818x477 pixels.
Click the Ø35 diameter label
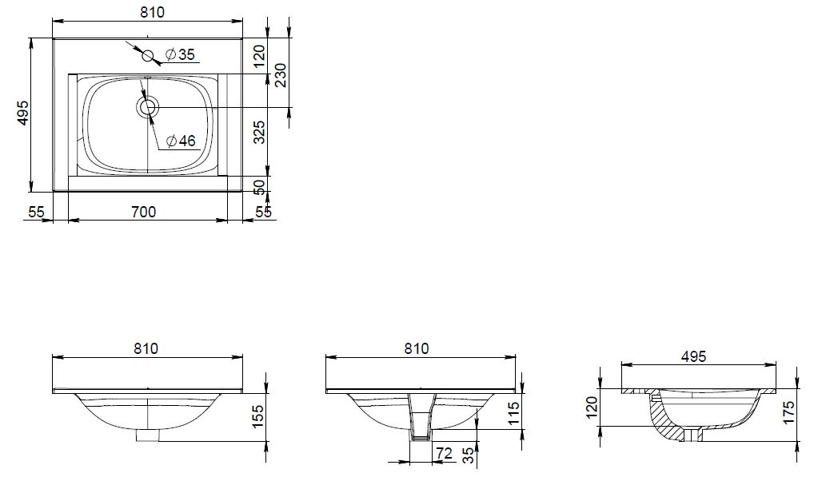click(x=179, y=54)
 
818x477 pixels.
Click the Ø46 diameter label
click(x=181, y=141)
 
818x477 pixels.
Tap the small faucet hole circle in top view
click(x=148, y=55)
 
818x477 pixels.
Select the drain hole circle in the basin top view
click(x=148, y=107)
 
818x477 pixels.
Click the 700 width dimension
click(x=143, y=212)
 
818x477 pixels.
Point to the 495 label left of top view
click(x=23, y=112)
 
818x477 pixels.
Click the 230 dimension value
click(x=280, y=76)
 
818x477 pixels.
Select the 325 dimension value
click(x=259, y=133)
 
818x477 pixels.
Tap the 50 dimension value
click(x=259, y=188)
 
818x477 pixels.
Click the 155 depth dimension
click(x=259, y=417)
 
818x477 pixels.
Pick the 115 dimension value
click(x=514, y=414)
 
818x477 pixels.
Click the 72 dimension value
click(x=445, y=453)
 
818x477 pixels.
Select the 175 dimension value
click(x=788, y=411)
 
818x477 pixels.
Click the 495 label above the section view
click(x=694, y=356)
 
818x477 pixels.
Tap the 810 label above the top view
click(x=152, y=11)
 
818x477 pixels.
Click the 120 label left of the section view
click(x=591, y=407)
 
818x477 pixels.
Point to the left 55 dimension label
click(x=37, y=212)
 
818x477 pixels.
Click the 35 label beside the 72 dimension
click(x=469, y=455)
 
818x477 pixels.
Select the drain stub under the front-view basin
click(x=148, y=434)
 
